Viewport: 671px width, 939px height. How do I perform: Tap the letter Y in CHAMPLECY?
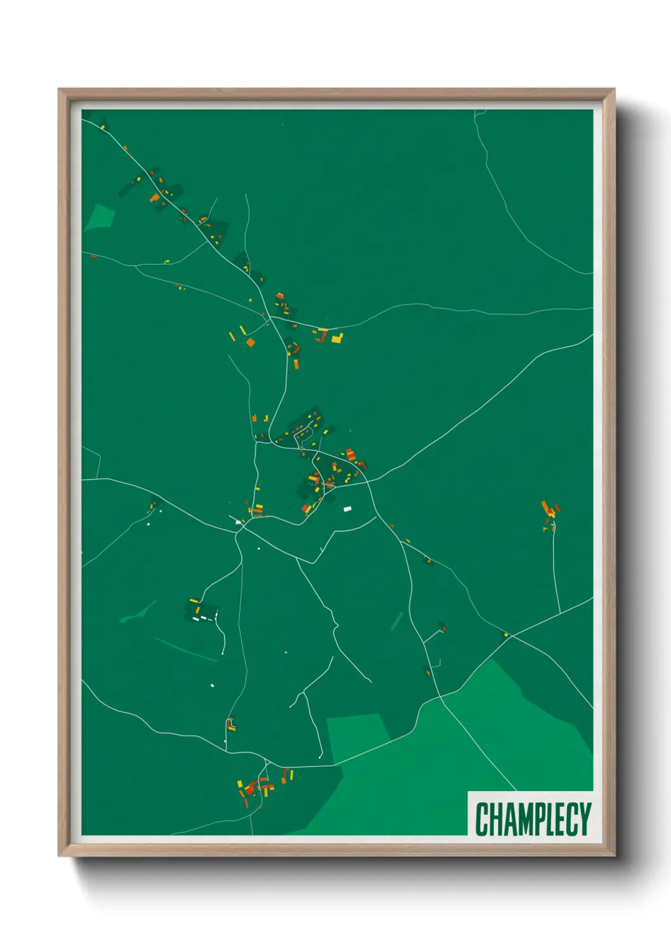584,819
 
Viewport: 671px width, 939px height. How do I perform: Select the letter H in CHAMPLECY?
495,819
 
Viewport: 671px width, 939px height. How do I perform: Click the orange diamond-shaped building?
251,343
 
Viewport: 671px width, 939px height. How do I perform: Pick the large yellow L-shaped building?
337,338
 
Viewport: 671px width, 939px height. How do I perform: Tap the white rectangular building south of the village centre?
347,509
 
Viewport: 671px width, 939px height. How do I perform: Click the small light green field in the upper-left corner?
100,217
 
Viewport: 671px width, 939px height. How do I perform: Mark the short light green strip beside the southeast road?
397,621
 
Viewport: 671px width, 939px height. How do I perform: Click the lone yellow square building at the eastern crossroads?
506,634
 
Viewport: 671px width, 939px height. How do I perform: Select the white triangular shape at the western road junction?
238,522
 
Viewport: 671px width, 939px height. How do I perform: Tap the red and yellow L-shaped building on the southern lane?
231,725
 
